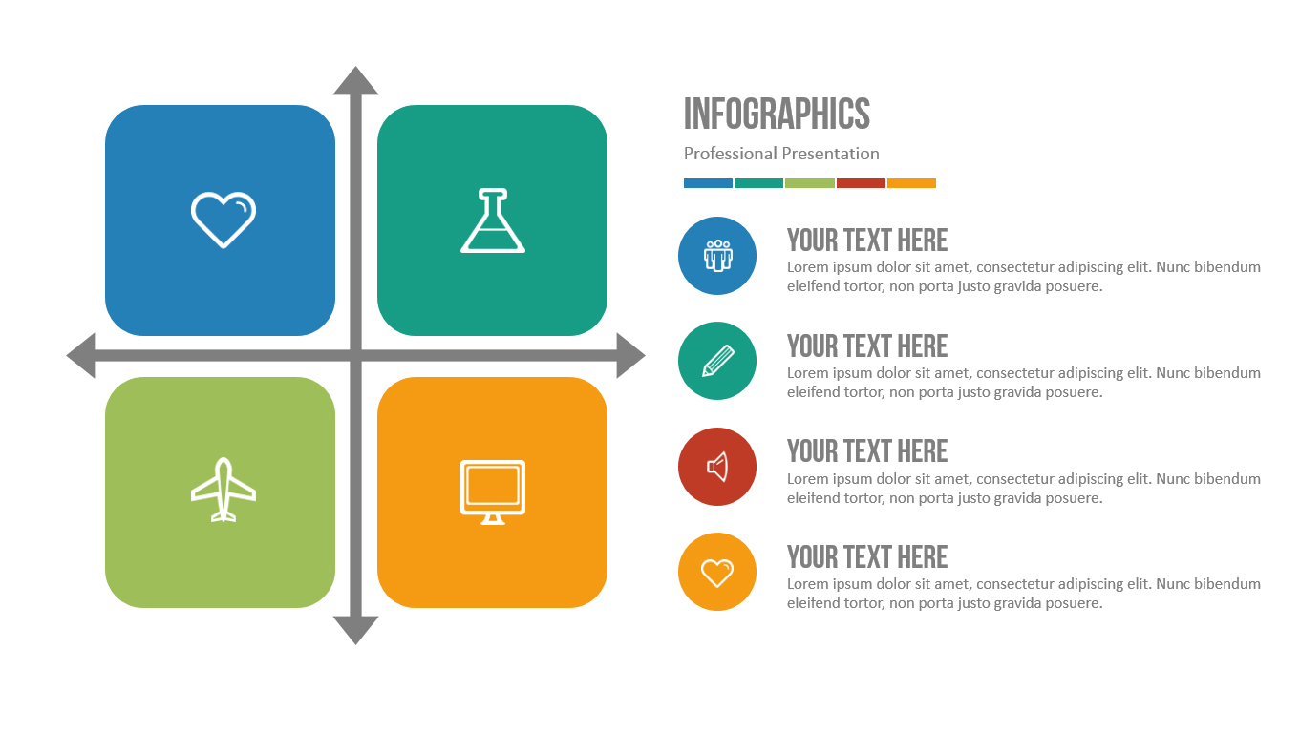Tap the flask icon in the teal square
493,220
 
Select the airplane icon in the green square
224,490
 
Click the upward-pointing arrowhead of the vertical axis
355,81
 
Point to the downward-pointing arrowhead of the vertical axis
355,630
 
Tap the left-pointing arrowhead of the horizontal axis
81,355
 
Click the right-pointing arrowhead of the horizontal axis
630,355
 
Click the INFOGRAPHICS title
777,114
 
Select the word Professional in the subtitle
730,154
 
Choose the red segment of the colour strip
861,183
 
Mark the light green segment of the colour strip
810,183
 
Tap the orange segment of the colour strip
911,183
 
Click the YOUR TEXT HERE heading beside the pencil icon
867,346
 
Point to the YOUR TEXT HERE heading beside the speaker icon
867,451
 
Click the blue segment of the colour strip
708,183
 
